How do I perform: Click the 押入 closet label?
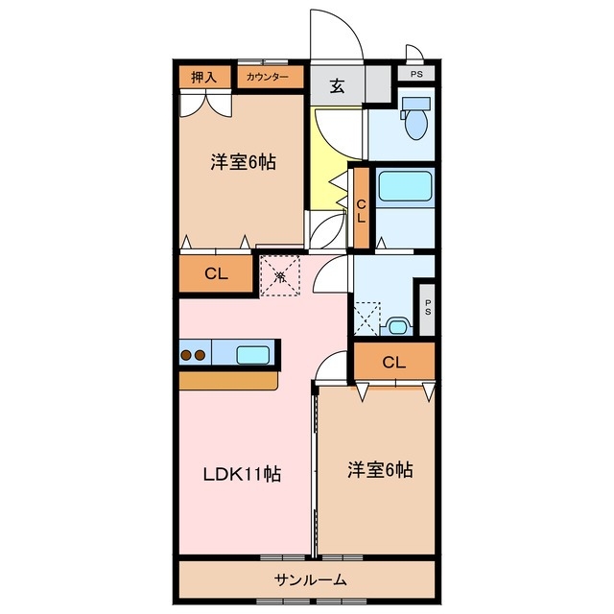click(x=203, y=78)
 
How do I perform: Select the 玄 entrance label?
click(x=338, y=85)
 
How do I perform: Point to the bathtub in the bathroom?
click(x=405, y=186)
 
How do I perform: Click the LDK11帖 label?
click(x=241, y=475)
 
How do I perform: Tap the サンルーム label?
click(x=309, y=579)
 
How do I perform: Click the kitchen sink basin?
click(x=253, y=355)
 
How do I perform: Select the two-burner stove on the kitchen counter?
click(x=193, y=355)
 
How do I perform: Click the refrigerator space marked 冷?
click(x=280, y=276)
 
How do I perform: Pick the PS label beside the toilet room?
click(x=415, y=74)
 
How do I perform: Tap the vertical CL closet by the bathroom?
click(x=362, y=210)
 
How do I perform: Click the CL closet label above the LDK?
click(x=216, y=273)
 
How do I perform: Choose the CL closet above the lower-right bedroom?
click(x=393, y=362)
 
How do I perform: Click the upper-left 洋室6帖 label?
click(x=243, y=163)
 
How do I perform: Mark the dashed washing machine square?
click(x=367, y=316)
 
